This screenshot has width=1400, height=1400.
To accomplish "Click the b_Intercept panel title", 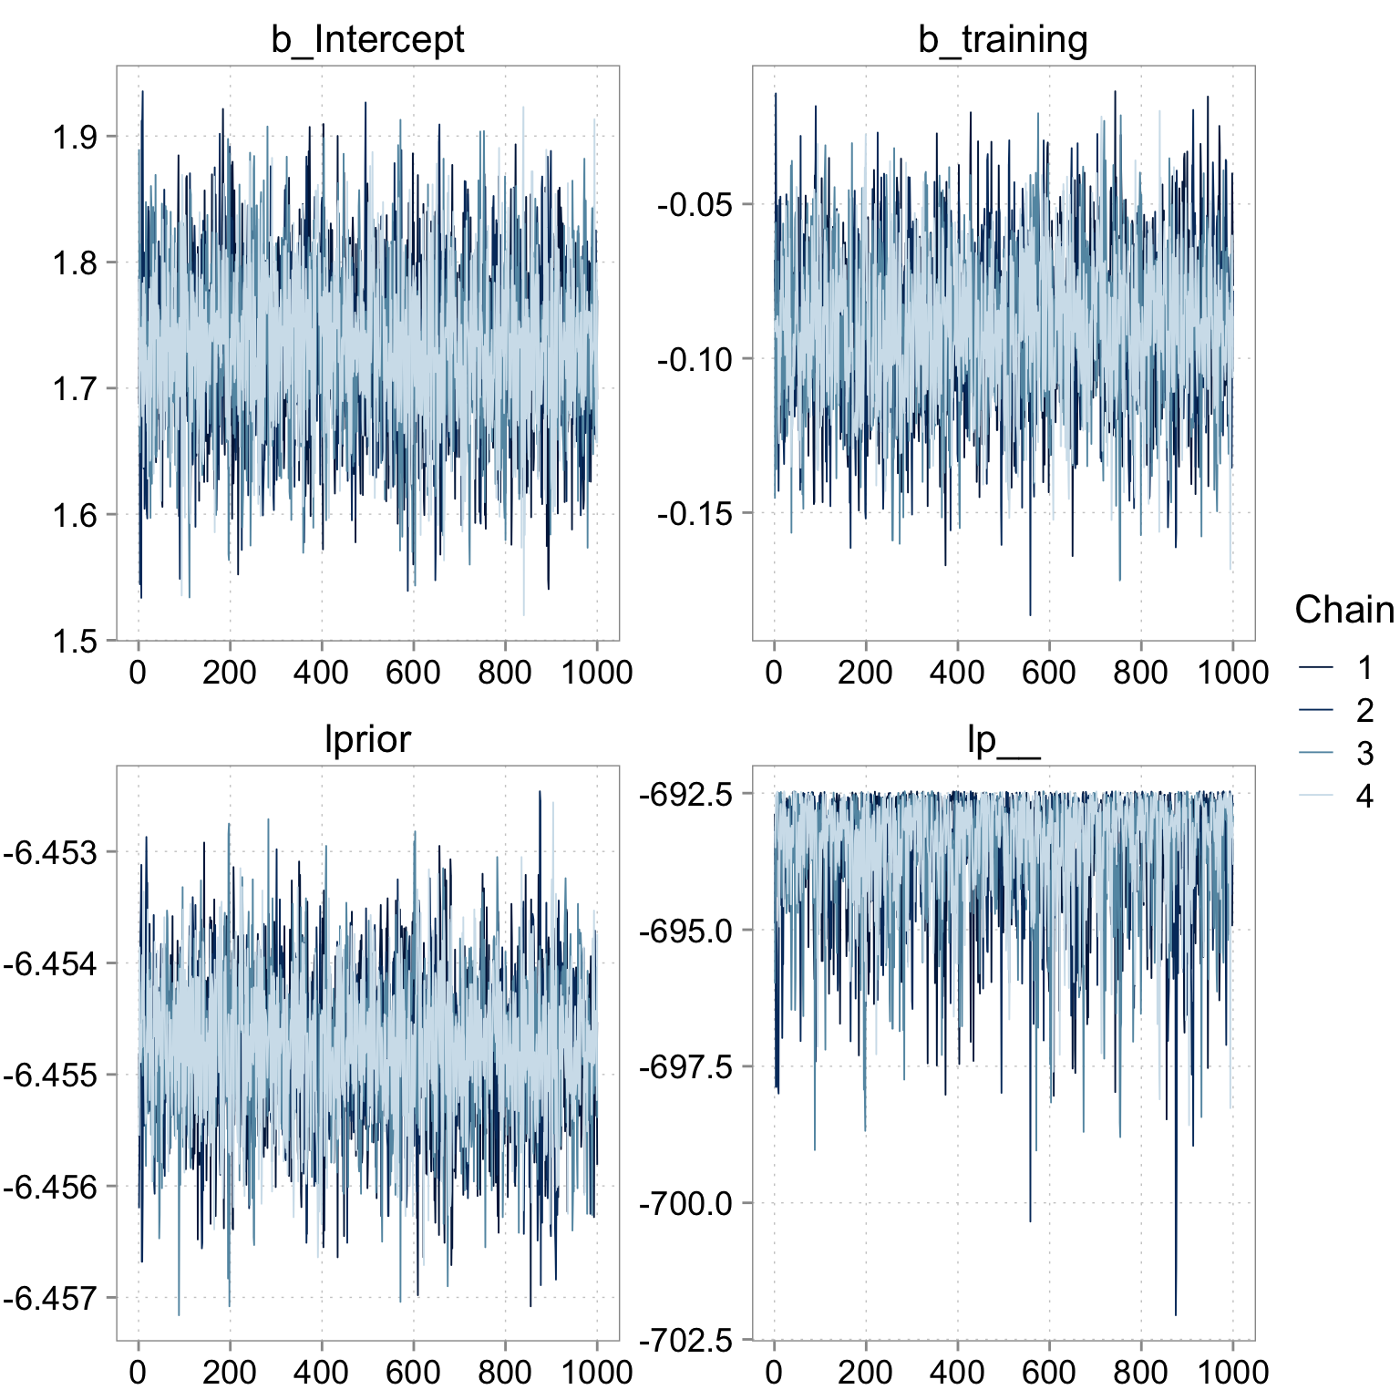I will click(x=367, y=40).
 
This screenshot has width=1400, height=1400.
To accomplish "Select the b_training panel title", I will click(x=1003, y=40).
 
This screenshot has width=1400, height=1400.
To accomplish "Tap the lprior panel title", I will click(x=367, y=739).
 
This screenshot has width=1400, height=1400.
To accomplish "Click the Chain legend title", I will click(x=1344, y=610).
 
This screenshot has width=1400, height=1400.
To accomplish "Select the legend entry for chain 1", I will click(x=1335, y=668).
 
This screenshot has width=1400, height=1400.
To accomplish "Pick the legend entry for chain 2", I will click(x=1335, y=711).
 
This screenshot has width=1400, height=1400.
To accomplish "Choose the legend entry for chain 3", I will click(x=1335, y=754).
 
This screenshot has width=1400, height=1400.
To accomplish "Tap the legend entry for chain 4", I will click(x=1335, y=797).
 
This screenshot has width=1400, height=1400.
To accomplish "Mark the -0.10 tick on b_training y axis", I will click(x=695, y=359).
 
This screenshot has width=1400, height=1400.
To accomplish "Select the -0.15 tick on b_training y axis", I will click(x=695, y=514).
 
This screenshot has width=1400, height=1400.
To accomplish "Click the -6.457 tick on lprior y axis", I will click(x=49, y=1299).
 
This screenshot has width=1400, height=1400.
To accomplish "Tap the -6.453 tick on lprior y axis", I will click(x=49, y=853).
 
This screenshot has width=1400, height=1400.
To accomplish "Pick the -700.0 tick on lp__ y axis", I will click(x=685, y=1204).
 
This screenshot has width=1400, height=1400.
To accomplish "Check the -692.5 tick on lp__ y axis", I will click(x=685, y=795).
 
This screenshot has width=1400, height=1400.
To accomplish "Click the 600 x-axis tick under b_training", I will click(x=1049, y=673).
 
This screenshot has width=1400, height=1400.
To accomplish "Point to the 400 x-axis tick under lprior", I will click(x=321, y=1372).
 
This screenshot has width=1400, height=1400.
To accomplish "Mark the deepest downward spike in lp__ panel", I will click(x=1176, y=1314).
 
